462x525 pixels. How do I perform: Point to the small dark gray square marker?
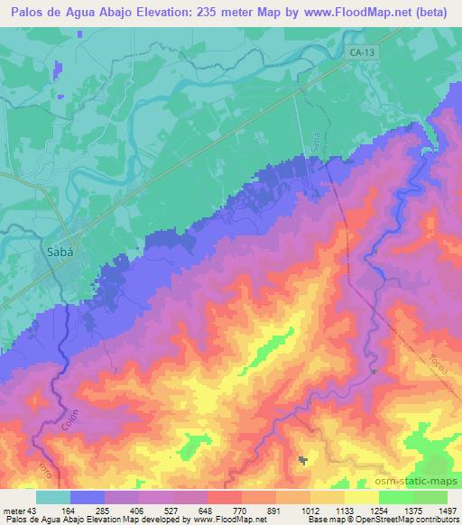302,461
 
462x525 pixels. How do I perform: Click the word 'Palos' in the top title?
24,12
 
